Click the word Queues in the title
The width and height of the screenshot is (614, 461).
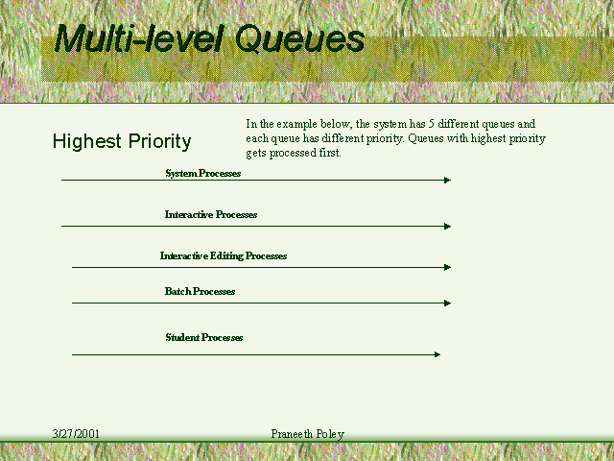(299, 38)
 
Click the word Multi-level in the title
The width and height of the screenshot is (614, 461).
(139, 38)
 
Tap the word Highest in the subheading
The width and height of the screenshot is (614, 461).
(87, 141)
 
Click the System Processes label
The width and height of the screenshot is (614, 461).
(202, 173)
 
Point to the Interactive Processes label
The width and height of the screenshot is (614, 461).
(211, 214)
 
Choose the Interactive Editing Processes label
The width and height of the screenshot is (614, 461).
(224, 256)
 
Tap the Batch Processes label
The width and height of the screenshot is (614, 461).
(200, 291)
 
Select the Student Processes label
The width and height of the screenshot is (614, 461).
(203, 337)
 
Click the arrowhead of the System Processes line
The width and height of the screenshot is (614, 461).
(448, 180)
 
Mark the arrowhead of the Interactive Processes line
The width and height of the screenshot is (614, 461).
(448, 227)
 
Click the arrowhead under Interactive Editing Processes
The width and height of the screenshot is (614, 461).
(448, 267)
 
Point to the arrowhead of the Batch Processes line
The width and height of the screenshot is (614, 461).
(448, 303)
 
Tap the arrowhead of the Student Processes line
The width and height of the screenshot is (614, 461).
(437, 354)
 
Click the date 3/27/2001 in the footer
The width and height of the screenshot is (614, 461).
(76, 434)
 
